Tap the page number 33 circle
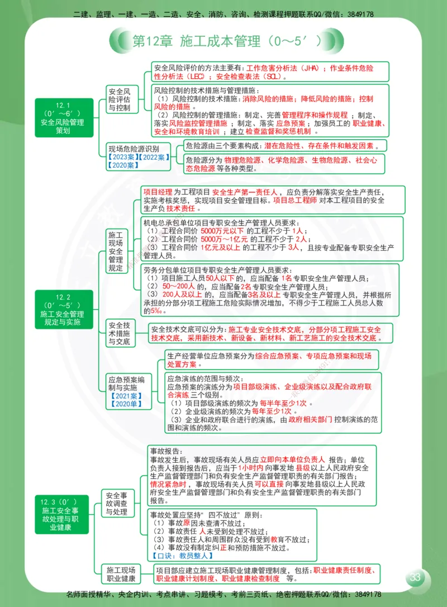[x=416, y=577]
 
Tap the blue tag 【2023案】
[x=122, y=157]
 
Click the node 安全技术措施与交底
[x=120, y=333]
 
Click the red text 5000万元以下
[x=222, y=230]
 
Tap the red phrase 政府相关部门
[x=310, y=419]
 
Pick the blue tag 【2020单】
[x=126, y=404]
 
